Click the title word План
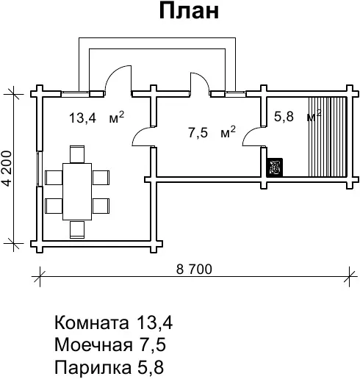click(x=189, y=11)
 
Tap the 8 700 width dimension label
click(x=194, y=269)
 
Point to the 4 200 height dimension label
click(x=7, y=168)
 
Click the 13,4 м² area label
click(x=97, y=118)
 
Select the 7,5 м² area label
click(x=212, y=132)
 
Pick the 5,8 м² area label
click(x=298, y=115)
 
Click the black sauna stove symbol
click(x=275, y=167)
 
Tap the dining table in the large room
click(x=77, y=192)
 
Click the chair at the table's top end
click(x=77, y=154)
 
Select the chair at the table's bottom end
click(x=77, y=230)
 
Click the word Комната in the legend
click(x=91, y=322)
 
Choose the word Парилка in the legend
click(x=93, y=367)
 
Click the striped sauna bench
click(x=328, y=137)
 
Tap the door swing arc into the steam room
click(x=248, y=134)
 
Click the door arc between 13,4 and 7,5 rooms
click(x=138, y=134)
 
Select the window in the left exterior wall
click(x=39, y=169)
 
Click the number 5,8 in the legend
click(x=151, y=367)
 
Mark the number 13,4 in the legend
click(x=154, y=322)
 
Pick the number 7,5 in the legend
click(x=153, y=345)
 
